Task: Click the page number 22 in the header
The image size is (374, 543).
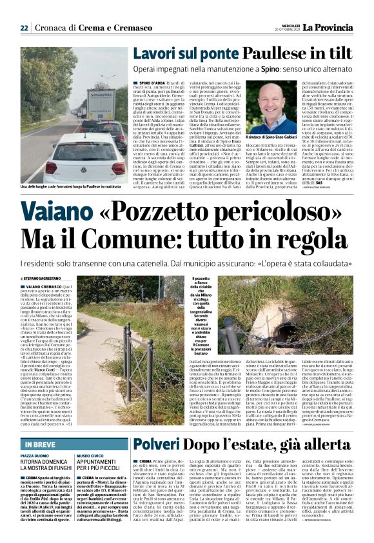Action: pyautogui.click(x=25, y=28)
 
